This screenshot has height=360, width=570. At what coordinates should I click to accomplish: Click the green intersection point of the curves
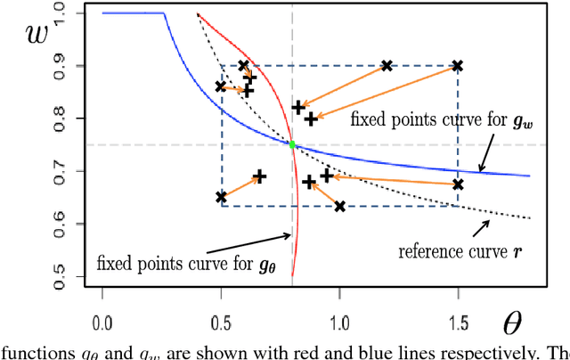click(292, 144)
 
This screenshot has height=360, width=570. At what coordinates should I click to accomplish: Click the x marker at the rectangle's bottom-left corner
click(221, 197)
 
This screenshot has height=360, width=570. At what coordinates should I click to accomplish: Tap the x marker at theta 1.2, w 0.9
click(387, 66)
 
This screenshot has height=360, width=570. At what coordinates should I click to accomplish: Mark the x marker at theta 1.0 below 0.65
click(339, 207)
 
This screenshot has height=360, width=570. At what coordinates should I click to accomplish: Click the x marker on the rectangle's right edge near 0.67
click(458, 184)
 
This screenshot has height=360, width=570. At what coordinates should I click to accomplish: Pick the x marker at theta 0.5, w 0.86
click(221, 86)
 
